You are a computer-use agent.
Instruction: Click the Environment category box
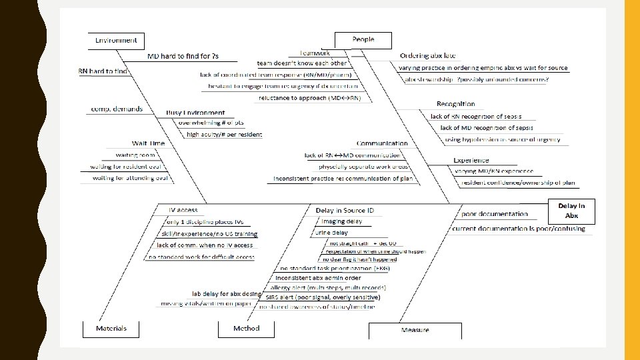coord(116,41)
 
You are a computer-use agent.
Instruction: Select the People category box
coord(363,40)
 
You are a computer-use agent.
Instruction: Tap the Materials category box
coord(111,329)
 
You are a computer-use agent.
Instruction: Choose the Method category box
coord(246,329)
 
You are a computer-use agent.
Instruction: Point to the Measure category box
coord(415,331)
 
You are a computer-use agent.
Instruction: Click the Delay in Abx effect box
coord(571,211)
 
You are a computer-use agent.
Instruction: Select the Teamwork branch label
coord(315,52)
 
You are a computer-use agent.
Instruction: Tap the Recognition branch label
coord(456,104)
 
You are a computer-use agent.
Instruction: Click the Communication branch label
coord(382,143)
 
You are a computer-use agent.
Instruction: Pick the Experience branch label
coord(471,161)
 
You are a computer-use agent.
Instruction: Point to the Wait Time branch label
coord(148,143)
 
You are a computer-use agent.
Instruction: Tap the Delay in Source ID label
coord(345,211)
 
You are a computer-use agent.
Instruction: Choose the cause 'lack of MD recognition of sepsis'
coord(486,127)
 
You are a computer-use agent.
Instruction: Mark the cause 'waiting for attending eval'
coord(130,178)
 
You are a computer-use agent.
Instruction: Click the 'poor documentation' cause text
coord(494,214)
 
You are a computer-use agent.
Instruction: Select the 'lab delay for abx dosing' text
coord(227,293)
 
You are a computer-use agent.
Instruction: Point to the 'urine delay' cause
coord(331,233)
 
